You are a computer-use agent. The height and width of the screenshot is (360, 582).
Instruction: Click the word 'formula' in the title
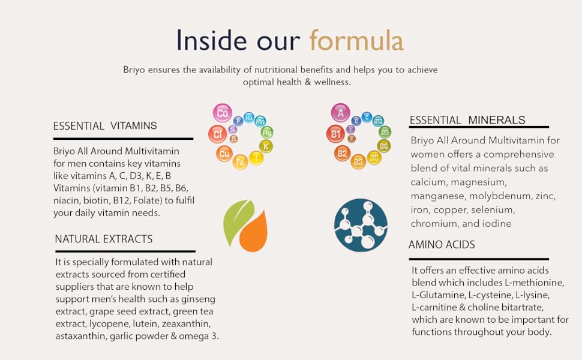click(356, 40)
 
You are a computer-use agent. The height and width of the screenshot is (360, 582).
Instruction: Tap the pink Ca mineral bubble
click(223, 113)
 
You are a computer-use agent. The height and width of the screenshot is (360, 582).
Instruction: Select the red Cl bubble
click(217, 134)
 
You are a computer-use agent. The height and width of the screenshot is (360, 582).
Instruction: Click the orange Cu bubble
click(224, 154)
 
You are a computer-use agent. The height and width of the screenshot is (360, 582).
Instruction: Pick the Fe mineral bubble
click(240, 161)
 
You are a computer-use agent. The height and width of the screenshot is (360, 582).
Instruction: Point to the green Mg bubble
click(267, 132)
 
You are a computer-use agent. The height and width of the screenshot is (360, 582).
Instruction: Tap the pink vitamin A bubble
click(340, 113)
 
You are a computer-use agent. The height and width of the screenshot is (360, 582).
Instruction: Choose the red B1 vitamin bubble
click(335, 134)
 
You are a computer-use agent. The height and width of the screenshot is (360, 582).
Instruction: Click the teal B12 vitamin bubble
click(378, 121)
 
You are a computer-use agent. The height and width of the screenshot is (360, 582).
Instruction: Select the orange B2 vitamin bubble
click(342, 154)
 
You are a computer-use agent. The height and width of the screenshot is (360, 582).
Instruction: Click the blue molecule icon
click(361, 224)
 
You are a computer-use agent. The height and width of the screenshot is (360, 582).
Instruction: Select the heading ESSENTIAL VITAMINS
click(105, 126)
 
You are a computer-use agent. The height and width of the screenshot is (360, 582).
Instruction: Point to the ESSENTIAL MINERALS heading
click(467, 121)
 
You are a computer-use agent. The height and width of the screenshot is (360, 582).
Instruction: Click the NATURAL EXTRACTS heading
click(104, 239)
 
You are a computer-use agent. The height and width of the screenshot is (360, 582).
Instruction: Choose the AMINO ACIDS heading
click(442, 245)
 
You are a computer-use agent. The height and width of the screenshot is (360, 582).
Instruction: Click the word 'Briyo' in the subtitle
click(134, 70)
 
